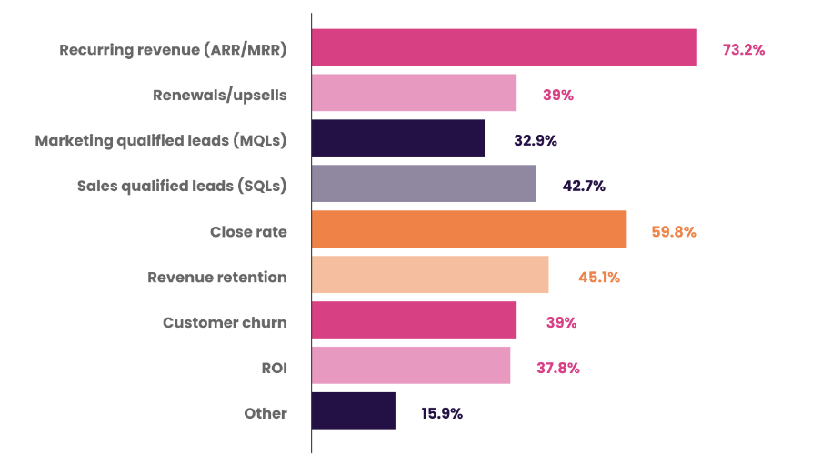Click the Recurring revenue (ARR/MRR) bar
[x=504, y=47]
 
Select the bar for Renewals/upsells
[x=414, y=93]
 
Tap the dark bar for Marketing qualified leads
[x=397, y=138]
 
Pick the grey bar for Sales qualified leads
[x=423, y=184]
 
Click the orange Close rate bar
[x=468, y=229]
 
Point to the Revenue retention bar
[x=429, y=275]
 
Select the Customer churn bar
[x=414, y=320]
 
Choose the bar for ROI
[x=410, y=366]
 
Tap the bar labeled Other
[x=353, y=411]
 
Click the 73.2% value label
[x=743, y=50]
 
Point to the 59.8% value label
[x=674, y=232]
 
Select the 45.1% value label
[x=599, y=278]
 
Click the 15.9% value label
[x=442, y=414]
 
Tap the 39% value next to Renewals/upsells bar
[x=557, y=96]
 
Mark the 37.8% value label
[x=558, y=369]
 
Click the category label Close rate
[x=248, y=232]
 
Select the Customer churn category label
[x=225, y=323]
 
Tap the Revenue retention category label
[x=217, y=278]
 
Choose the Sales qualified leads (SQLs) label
[x=182, y=187]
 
